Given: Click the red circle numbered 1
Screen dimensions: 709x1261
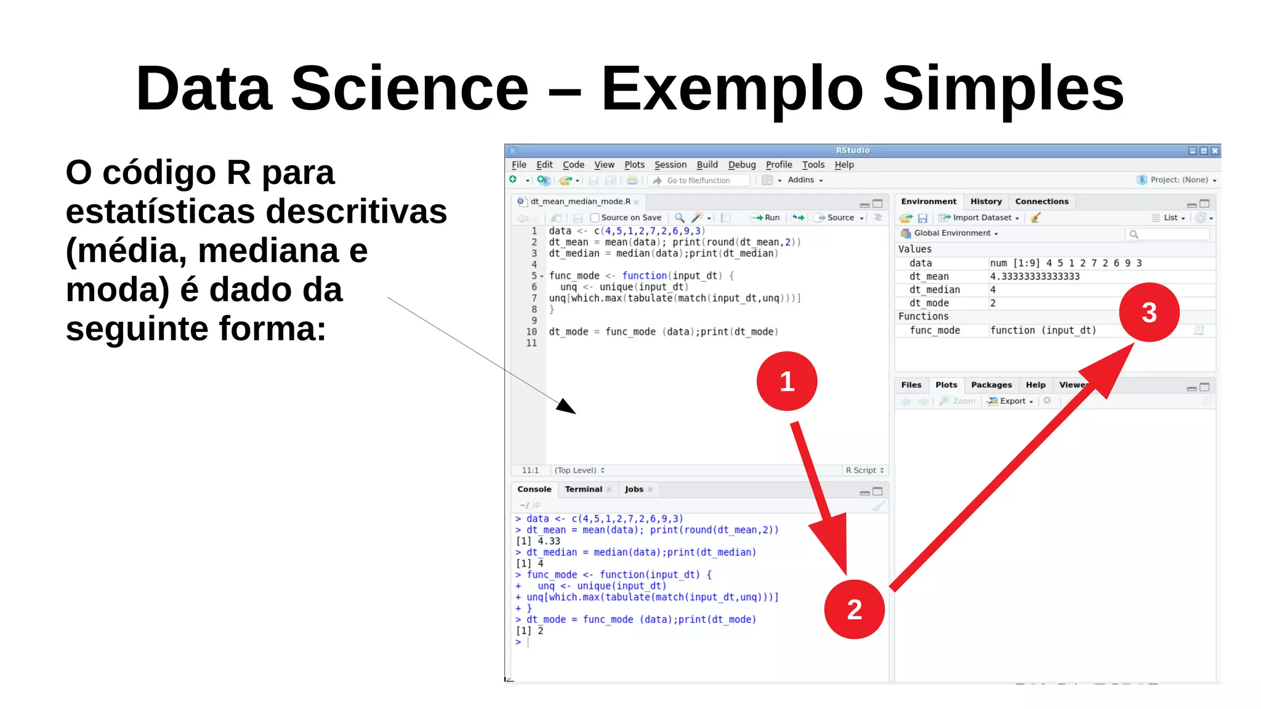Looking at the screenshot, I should tap(786, 381).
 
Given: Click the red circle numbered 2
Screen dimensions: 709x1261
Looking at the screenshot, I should tap(854, 609).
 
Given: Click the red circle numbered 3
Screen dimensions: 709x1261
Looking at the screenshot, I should tap(1149, 312).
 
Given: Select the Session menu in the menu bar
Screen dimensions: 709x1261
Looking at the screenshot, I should tap(670, 165).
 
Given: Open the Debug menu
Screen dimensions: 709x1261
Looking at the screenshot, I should tap(741, 165).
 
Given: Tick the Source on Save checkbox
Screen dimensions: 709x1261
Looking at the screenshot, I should tap(595, 218).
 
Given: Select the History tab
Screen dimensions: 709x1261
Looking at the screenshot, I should tap(986, 201).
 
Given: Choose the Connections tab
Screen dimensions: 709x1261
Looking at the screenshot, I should tap(1042, 201).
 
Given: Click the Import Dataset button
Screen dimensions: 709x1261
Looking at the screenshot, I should tap(981, 218).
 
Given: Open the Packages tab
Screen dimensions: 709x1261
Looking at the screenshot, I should tap(991, 385).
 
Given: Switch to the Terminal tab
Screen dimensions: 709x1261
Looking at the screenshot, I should tap(583, 489).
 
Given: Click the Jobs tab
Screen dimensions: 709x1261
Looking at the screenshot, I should tap(634, 489).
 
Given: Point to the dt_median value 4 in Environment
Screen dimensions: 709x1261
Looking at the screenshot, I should tap(993, 290).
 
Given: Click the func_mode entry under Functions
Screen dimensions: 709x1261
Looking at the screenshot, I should tap(935, 330).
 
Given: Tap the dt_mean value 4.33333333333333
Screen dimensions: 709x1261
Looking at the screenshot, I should tap(1034, 277).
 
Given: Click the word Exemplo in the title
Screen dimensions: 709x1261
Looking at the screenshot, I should tap(733, 89).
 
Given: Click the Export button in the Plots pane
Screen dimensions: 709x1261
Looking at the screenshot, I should tap(1012, 401).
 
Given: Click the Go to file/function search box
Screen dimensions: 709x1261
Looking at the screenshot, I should tap(702, 180).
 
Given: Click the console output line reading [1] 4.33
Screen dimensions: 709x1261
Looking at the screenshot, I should tap(538, 542).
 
